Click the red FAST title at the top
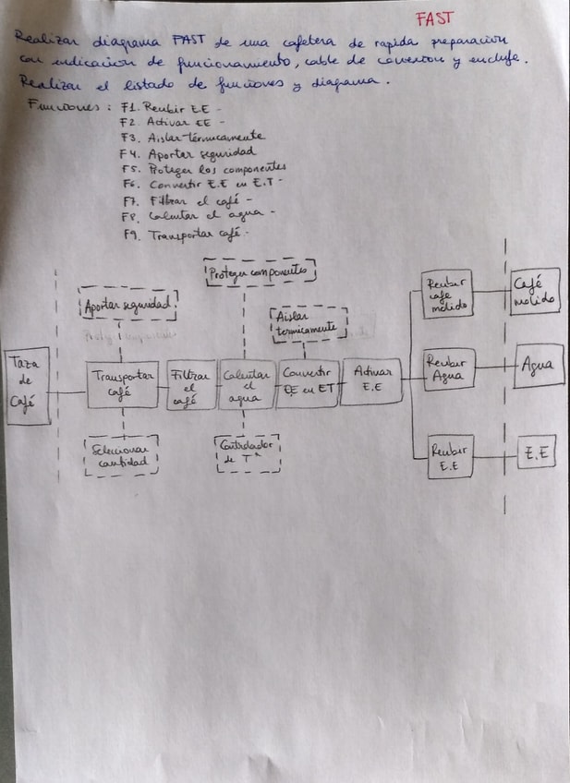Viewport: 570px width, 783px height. [434, 18]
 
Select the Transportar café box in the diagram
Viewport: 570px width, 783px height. [123, 383]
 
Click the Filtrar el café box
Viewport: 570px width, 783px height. [190, 383]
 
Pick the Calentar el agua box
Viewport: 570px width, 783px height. [246, 383]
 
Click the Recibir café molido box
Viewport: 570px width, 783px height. [448, 295]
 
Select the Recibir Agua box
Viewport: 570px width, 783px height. [448, 369]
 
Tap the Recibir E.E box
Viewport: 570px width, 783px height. [450, 456]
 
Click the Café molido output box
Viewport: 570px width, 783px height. [536, 292]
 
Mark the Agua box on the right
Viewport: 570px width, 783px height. [539, 366]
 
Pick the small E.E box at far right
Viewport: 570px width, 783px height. [536, 452]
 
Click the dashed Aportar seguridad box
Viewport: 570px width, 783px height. [128, 304]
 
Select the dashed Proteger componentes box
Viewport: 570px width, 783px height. [260, 271]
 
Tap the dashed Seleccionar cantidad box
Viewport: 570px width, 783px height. [121, 455]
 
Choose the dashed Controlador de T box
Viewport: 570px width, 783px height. [247, 452]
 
